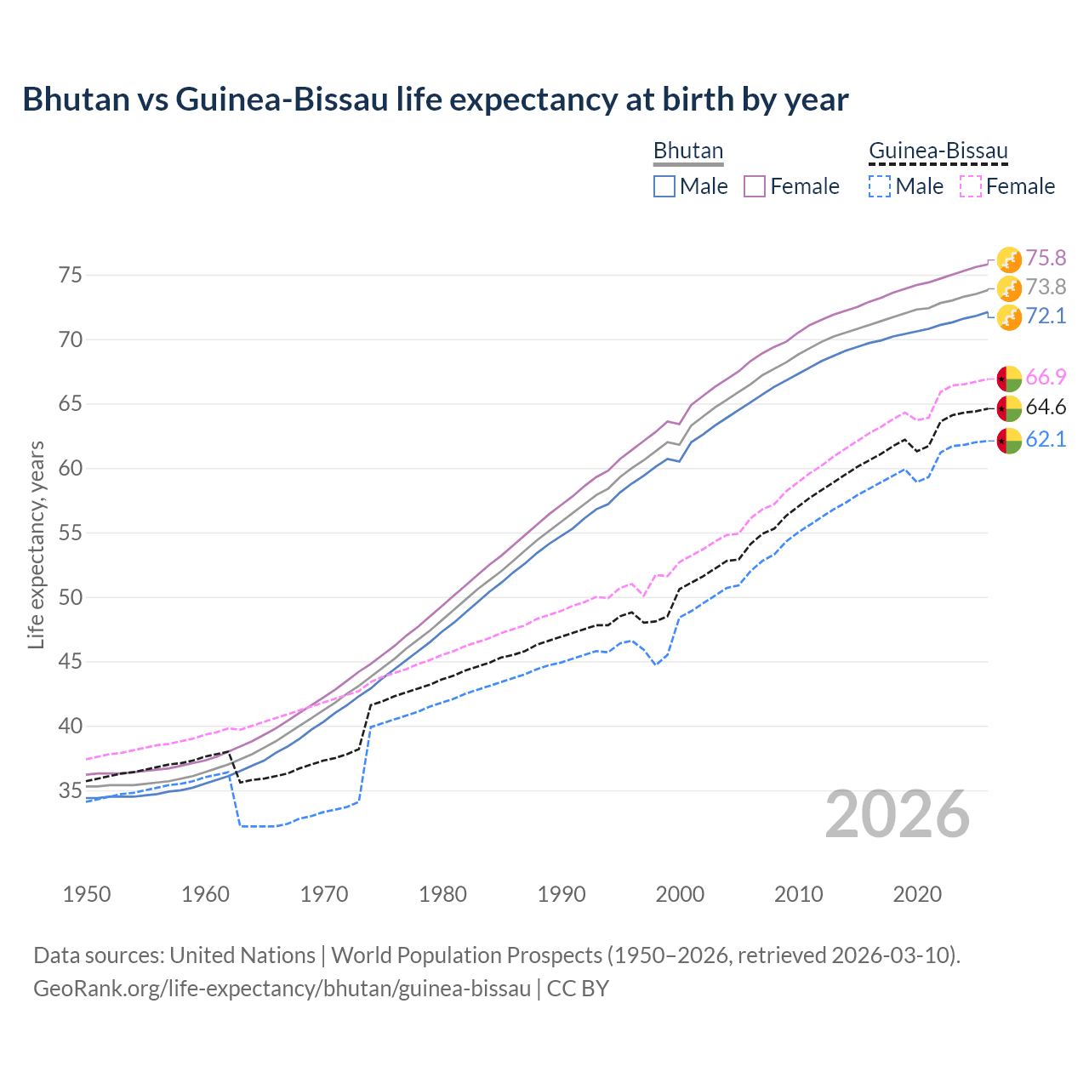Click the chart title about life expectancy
pos(435,100)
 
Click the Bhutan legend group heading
pos(687,151)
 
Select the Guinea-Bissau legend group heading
pos(938,151)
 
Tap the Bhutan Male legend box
pos(664,186)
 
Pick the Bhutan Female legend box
pos(755,186)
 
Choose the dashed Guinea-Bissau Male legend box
pos(880,186)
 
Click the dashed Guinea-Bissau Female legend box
pos(970,186)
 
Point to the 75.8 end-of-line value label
pos(1046,258)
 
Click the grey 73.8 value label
pos(1046,287)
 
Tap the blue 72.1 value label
pos(1046,316)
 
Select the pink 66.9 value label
pos(1046,377)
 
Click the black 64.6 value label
pos(1046,407)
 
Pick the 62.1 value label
pos(1046,439)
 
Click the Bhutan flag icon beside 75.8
pos(1009,259)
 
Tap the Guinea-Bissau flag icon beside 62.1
pos(1009,441)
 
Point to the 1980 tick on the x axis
pos(442,894)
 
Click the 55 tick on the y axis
pos(70,533)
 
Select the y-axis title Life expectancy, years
pos(36,544)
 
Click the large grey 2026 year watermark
pos(898,814)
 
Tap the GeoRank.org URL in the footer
pos(282,989)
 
